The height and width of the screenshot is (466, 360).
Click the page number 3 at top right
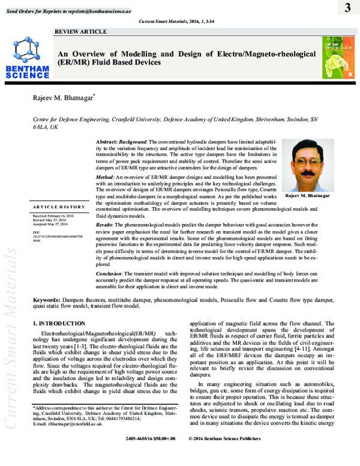pos(347,8)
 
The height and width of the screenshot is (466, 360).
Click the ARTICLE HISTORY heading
pos(59,206)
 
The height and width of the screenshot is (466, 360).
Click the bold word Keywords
pos(46,298)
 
